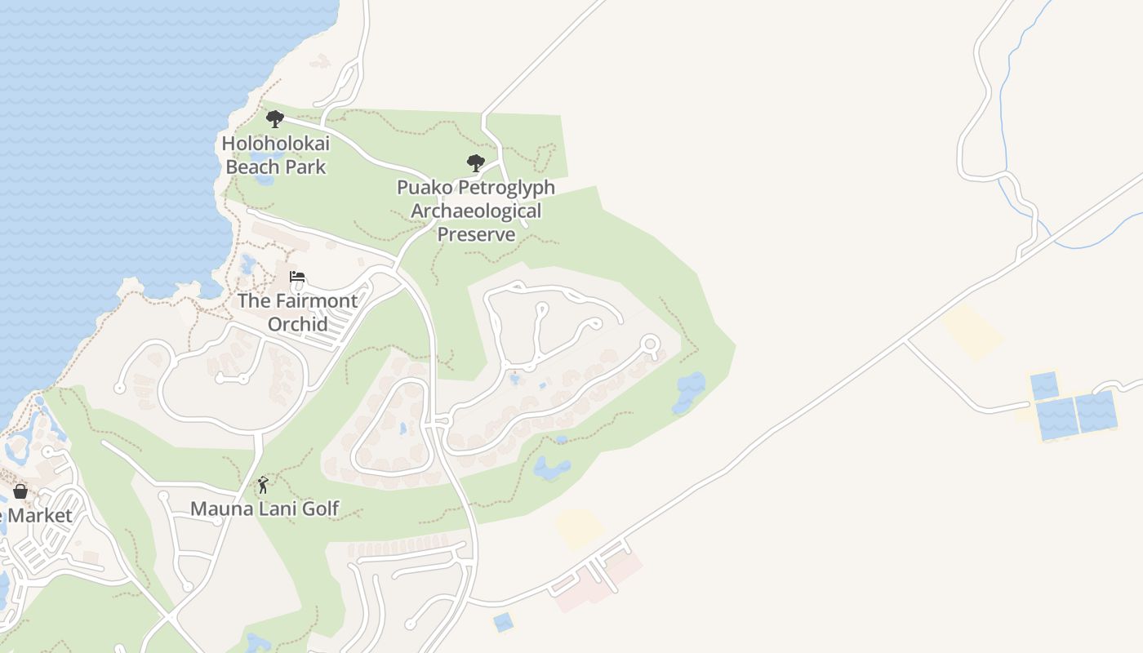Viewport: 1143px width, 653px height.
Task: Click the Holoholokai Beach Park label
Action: pos(276,155)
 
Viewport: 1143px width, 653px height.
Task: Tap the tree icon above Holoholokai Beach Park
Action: pos(275,119)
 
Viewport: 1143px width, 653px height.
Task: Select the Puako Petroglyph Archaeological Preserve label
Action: pos(476,211)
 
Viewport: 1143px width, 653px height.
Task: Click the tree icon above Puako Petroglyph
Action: pos(475,162)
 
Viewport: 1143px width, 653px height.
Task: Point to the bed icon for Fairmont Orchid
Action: pos(297,277)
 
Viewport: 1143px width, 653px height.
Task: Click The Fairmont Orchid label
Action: pos(297,312)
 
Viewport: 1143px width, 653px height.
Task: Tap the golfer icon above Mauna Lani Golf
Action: pos(263,486)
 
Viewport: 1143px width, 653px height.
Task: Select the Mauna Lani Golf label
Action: pos(265,509)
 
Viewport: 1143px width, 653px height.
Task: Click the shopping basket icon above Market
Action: pos(20,491)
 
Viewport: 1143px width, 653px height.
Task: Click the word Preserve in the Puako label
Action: pos(476,234)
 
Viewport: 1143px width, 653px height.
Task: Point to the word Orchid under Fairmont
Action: pos(298,324)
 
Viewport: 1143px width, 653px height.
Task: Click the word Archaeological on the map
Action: pos(476,211)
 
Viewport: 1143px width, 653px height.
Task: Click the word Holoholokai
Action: pos(276,144)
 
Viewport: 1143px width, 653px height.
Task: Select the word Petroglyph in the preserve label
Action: pos(507,187)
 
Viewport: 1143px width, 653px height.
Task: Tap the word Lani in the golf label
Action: pos(282,509)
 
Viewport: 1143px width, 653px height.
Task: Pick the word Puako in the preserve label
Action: pos(425,187)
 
